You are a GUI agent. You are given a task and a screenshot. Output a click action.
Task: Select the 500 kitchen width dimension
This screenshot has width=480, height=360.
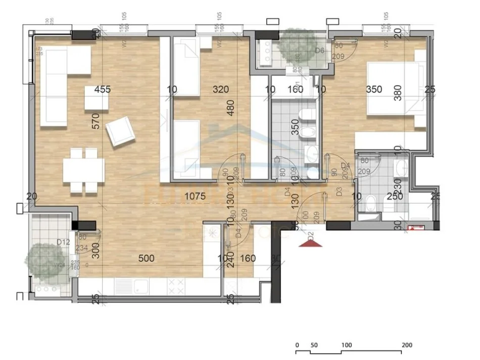tap(147, 259)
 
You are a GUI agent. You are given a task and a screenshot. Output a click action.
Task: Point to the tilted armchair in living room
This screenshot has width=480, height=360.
tap(120, 131)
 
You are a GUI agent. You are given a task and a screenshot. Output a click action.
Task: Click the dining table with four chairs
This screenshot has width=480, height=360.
tap(83, 170)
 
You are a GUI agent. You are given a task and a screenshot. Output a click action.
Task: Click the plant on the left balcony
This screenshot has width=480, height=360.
tap(46, 260)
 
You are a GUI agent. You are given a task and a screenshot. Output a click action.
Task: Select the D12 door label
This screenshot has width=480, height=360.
tap(63, 242)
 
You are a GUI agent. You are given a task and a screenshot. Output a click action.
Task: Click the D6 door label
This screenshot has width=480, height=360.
tap(319, 50)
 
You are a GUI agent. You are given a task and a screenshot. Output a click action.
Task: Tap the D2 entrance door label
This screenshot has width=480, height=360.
tap(311, 234)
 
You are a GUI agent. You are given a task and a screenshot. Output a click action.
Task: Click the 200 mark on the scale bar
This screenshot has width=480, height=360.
tap(407, 345)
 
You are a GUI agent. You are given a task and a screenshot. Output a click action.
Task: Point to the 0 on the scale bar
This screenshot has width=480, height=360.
tap(297, 345)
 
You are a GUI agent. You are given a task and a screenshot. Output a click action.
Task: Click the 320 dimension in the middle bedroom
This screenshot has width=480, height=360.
tap(221, 90)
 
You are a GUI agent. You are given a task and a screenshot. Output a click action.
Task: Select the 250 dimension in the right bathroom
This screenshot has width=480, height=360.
tap(395, 196)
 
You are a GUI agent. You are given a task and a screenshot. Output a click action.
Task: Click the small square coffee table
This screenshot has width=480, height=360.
tap(97, 98)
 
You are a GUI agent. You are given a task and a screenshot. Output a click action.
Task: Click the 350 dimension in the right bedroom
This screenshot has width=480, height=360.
tap(374, 90)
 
